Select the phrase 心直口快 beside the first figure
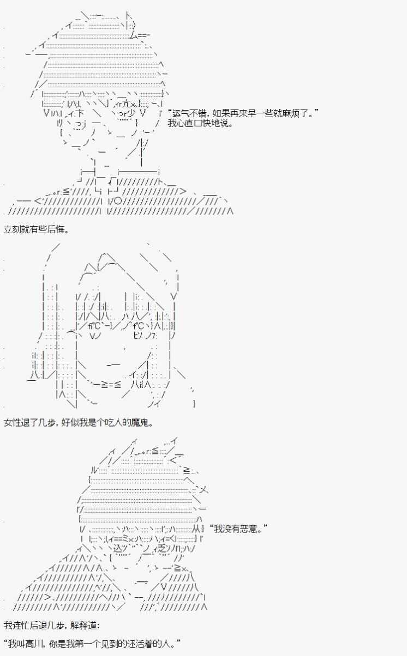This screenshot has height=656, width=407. tap(195, 124)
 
